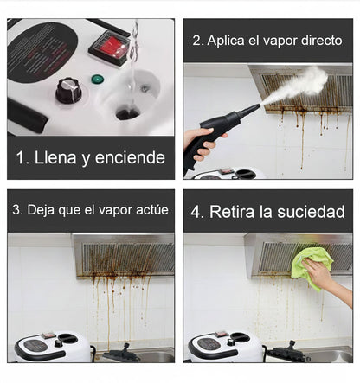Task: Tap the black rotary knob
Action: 68,89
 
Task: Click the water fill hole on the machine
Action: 128,113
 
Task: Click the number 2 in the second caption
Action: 197,41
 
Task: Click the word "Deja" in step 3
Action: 42,210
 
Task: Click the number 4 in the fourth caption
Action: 198,211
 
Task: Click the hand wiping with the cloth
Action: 325,282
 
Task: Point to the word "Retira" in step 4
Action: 238,211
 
